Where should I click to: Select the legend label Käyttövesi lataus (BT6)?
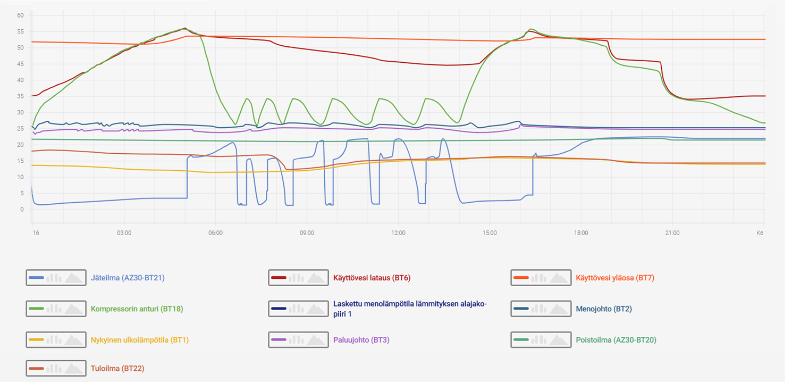click(x=372, y=278)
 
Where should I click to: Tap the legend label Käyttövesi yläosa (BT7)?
click(x=618, y=278)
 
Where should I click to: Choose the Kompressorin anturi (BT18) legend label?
click(x=137, y=309)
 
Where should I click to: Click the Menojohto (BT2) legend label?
click(x=604, y=309)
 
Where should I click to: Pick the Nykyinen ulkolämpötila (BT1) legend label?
click(x=139, y=340)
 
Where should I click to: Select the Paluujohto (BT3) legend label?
click(x=361, y=340)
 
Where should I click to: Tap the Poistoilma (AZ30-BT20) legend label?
click(x=616, y=340)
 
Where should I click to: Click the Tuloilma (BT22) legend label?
click(x=117, y=368)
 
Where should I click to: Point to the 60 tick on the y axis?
click(x=20, y=15)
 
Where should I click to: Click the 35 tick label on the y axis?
click(x=20, y=96)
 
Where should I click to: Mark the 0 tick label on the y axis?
click(x=22, y=210)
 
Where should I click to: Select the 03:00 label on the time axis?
click(x=124, y=233)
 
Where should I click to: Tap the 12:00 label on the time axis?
click(x=398, y=233)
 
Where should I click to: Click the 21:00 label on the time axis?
click(x=672, y=233)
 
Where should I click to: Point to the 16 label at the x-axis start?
click(x=36, y=233)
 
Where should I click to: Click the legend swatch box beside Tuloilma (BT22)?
click(x=56, y=368)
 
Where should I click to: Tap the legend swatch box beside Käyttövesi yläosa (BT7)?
click(x=541, y=278)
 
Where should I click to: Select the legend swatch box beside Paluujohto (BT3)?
click(x=298, y=340)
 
